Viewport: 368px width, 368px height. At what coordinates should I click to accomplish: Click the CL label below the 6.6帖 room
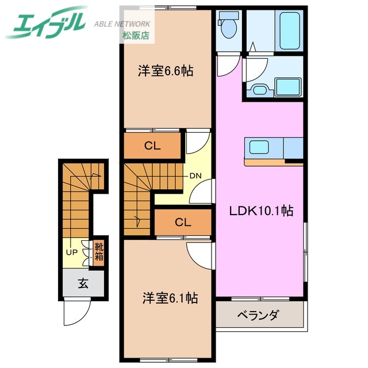click(152, 145)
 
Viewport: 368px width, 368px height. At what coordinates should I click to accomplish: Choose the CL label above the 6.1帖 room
click(183, 222)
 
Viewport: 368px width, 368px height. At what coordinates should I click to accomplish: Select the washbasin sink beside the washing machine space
click(258, 89)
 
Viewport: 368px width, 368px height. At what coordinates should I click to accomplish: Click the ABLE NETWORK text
click(122, 24)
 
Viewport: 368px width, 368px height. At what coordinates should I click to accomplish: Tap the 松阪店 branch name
click(135, 36)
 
